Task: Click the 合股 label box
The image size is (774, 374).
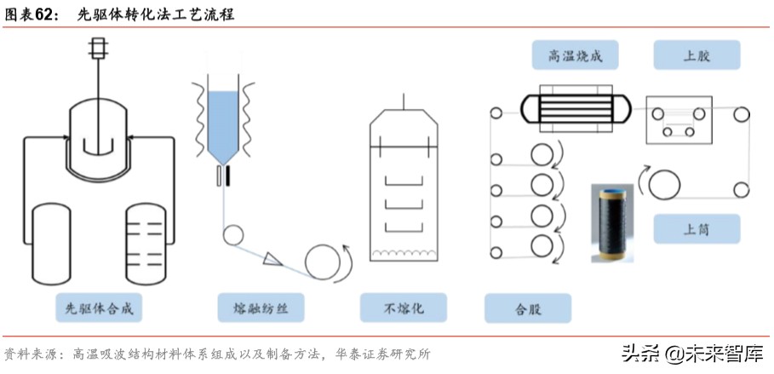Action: (x=527, y=308)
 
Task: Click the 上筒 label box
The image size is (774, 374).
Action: (x=697, y=228)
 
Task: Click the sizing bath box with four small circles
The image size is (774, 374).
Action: (x=679, y=119)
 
